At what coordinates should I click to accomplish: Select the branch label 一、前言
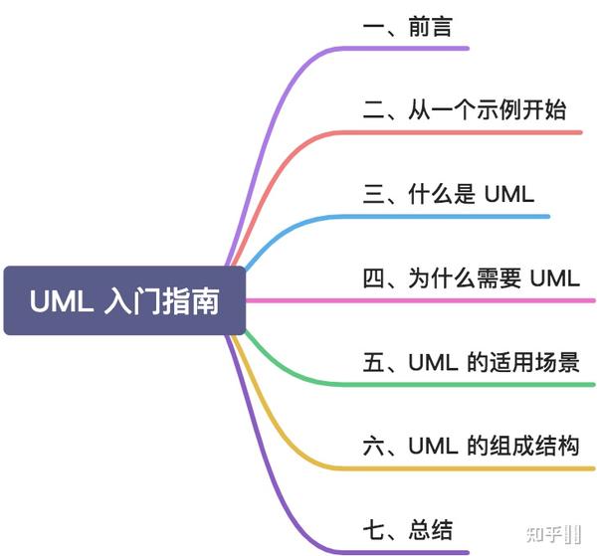pos(407,26)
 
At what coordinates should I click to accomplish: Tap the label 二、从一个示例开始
pos(464,109)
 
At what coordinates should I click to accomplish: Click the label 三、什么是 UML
pos(448,194)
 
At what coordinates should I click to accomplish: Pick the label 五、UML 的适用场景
pos(470,362)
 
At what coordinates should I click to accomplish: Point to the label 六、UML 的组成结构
pos(470,446)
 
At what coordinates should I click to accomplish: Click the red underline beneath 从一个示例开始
pos(468,132)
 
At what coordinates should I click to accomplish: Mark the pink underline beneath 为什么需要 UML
pos(468,299)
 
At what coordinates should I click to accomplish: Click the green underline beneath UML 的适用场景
pos(468,384)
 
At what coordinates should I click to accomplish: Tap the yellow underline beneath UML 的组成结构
pos(468,467)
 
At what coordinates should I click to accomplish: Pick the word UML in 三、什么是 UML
pos(508,194)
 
